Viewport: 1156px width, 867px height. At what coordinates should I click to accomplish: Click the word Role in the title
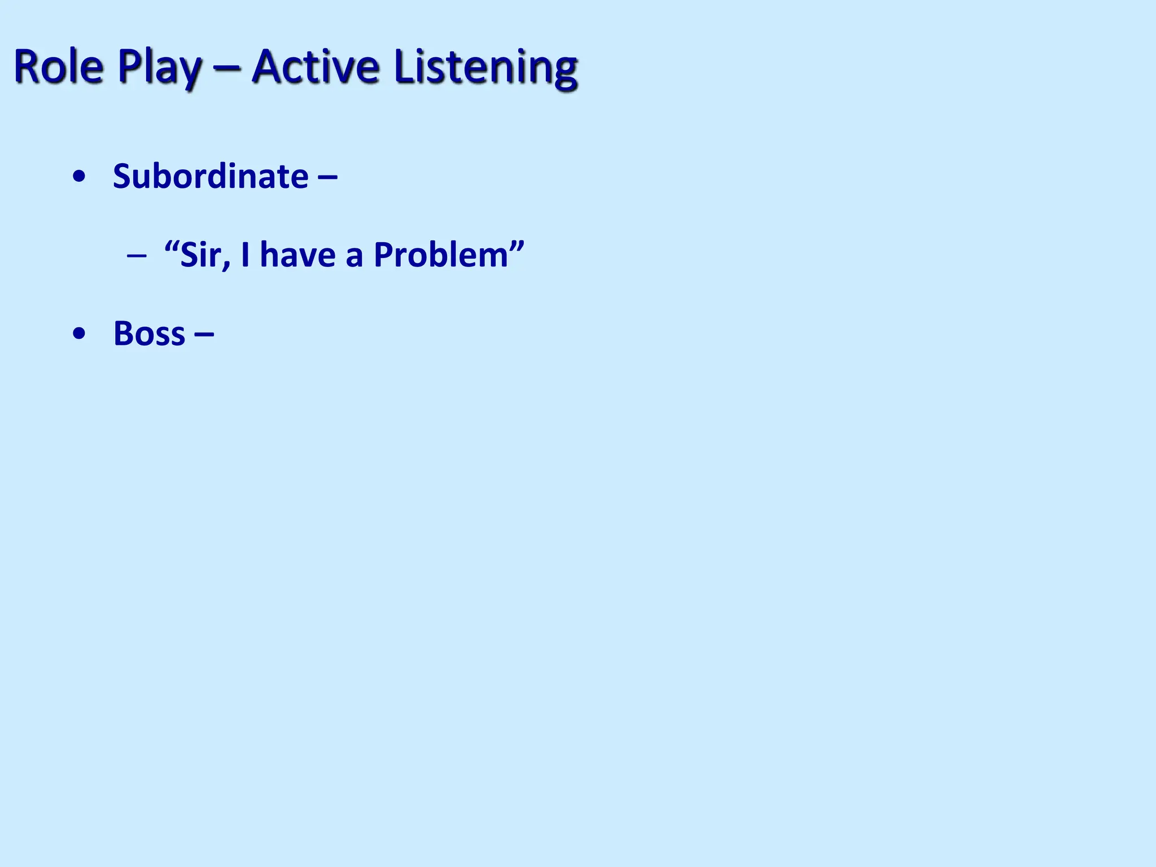pos(59,67)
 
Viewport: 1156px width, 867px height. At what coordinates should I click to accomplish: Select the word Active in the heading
pos(315,67)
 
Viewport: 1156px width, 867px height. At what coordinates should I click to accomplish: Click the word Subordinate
pos(211,176)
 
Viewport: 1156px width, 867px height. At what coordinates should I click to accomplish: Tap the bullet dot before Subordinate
pos(80,177)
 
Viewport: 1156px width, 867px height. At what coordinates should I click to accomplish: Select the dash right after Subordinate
pos(328,177)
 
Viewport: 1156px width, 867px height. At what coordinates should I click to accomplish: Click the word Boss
pos(149,334)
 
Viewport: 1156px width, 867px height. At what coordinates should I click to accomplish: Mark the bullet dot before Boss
pos(80,334)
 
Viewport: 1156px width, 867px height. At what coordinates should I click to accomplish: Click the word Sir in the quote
pos(198,255)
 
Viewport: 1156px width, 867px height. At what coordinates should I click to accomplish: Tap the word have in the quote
pos(297,255)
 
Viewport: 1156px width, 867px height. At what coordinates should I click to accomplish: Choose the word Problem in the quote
pos(441,255)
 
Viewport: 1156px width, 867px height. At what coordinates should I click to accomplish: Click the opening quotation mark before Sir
pos(171,246)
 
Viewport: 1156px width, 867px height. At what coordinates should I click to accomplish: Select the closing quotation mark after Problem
pos(517,246)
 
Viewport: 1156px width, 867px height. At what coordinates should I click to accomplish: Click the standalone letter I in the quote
pos(245,255)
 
